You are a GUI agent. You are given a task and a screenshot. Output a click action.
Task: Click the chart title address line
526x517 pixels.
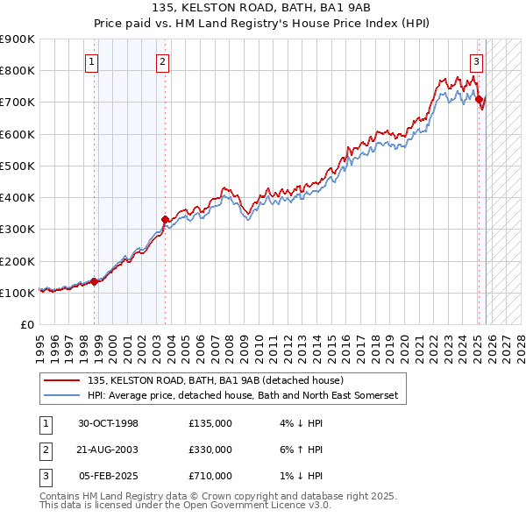click(x=262, y=9)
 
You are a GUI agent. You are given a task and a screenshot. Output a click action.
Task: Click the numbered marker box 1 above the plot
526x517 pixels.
click(x=92, y=61)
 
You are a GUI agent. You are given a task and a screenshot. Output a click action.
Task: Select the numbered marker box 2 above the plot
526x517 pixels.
click(x=164, y=61)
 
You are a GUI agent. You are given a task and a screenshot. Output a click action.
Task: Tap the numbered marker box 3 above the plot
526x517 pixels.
click(x=476, y=61)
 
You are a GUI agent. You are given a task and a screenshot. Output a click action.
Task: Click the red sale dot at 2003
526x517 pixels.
click(x=165, y=219)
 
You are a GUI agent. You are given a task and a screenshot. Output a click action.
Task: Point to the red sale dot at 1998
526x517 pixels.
click(x=94, y=281)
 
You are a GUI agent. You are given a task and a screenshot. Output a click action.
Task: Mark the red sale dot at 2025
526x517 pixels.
click(x=479, y=99)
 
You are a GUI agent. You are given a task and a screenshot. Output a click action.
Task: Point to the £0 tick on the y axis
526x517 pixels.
click(x=27, y=324)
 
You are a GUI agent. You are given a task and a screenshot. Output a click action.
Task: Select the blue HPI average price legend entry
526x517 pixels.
click(x=242, y=396)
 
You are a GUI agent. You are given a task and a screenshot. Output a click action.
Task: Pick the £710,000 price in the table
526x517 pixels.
click(x=210, y=476)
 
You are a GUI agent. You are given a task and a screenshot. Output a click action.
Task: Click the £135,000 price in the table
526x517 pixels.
click(x=210, y=423)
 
